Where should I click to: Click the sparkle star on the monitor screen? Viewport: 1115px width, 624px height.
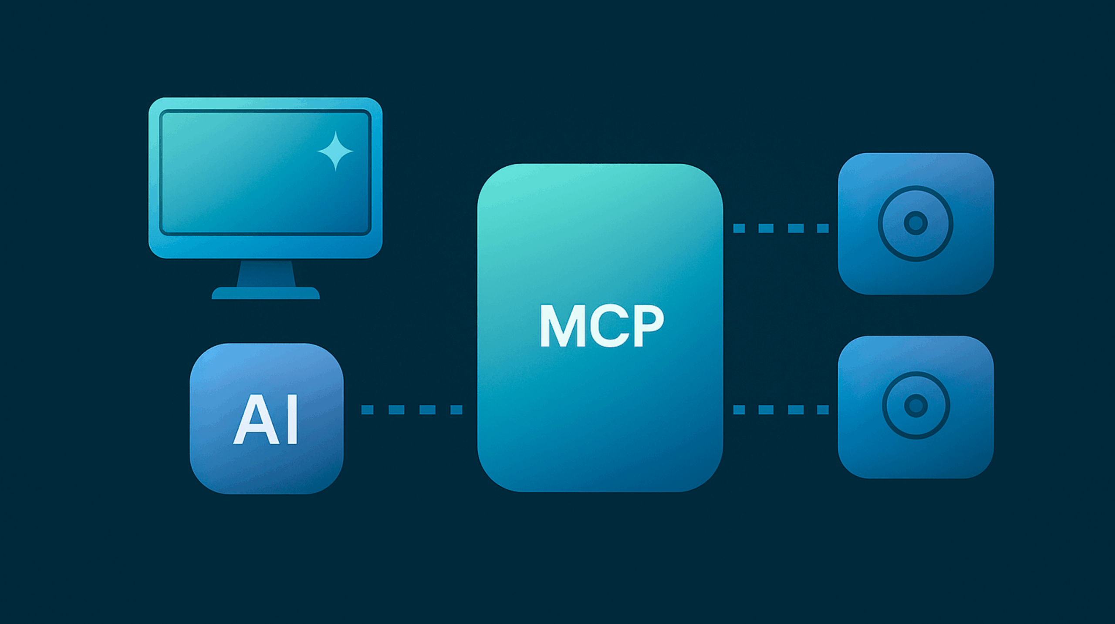coord(335,151)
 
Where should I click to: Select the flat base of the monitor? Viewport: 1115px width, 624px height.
coord(266,293)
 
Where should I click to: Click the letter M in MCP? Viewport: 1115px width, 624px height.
coord(560,326)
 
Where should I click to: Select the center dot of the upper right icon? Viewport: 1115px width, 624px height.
coord(916,223)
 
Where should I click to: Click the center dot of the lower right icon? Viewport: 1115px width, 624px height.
coord(916,406)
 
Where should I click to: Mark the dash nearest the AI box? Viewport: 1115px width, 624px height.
coord(367,409)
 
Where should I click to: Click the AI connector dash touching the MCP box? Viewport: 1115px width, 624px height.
coord(456,409)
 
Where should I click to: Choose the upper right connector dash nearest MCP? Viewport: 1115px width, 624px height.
coord(739,228)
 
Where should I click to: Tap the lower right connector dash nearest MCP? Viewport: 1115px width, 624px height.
coord(739,409)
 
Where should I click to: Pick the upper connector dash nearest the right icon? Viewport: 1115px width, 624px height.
coord(822,228)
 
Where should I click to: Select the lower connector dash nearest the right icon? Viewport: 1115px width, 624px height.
coord(822,409)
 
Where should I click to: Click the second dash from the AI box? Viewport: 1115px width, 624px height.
coord(396,409)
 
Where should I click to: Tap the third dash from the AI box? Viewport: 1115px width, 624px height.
coord(427,409)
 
